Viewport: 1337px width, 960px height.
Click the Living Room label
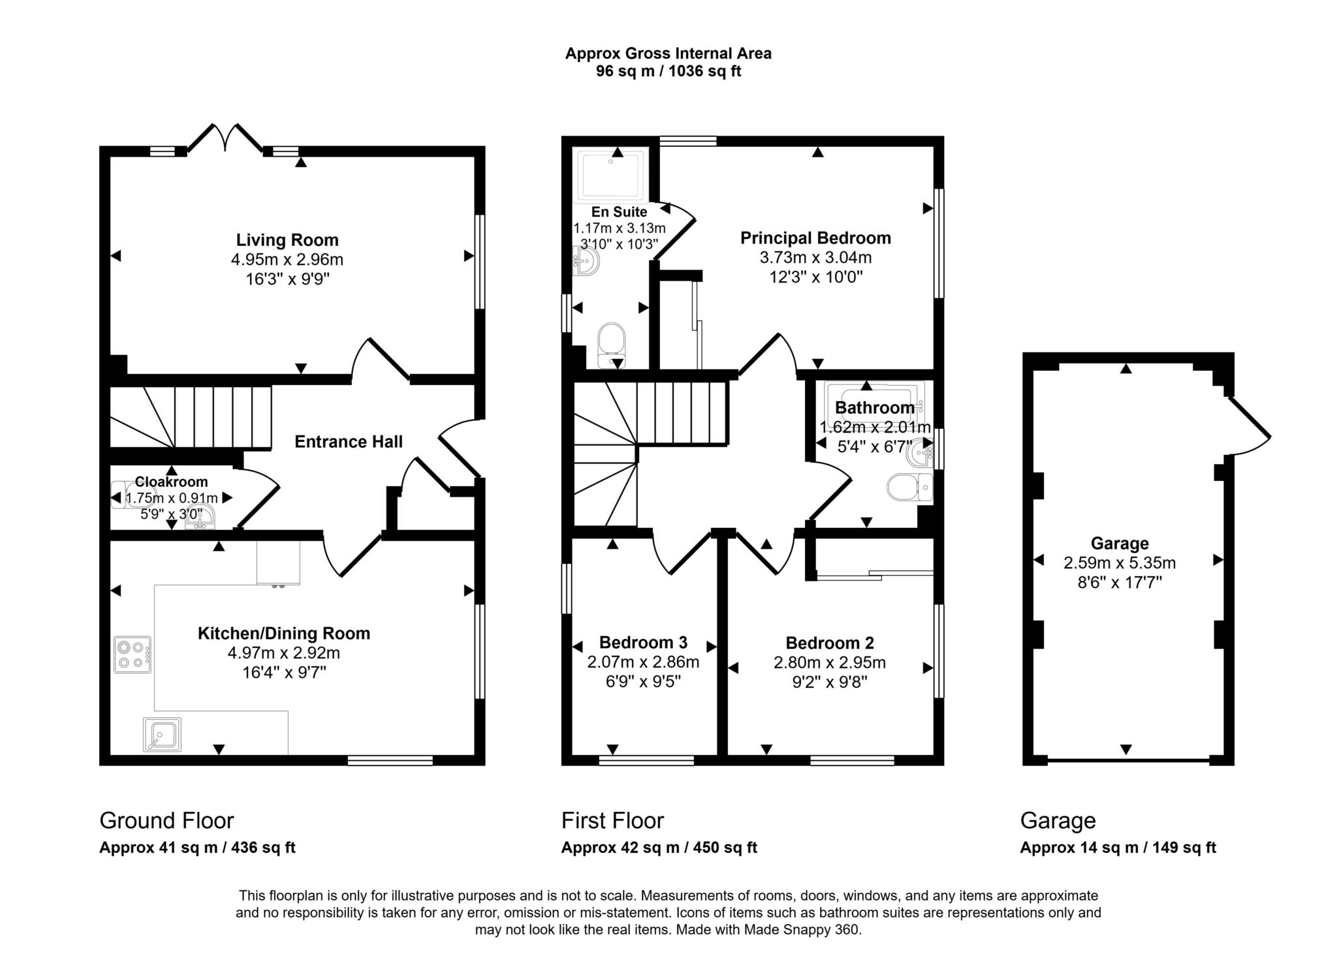(287, 240)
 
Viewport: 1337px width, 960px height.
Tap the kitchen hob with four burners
(132, 655)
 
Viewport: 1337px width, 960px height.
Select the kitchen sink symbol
(162, 734)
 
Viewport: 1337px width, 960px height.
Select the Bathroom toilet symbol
(909, 488)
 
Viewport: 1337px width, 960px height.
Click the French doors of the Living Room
(225, 138)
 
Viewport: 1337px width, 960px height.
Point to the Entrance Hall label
(349, 442)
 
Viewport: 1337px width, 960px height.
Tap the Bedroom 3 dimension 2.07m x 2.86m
(643, 662)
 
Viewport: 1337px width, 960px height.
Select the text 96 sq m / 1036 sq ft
(668, 71)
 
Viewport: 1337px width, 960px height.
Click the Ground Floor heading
(166, 820)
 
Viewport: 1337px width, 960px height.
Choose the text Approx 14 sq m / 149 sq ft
(1118, 848)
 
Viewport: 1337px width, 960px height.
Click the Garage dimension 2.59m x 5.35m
(1120, 563)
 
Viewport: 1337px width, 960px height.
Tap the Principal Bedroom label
(815, 238)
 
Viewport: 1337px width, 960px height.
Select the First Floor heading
(612, 820)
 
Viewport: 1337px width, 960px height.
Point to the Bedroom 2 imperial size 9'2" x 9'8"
(829, 683)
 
